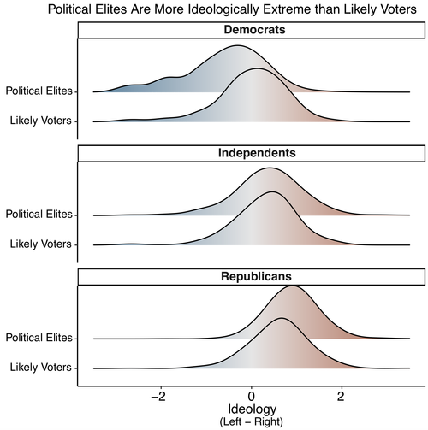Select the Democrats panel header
coord(251,30)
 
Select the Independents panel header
coord(251,154)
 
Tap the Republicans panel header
coord(251,277)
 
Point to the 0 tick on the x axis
coord(251,398)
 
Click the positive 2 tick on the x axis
coord(341,398)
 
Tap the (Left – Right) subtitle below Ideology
coord(251,422)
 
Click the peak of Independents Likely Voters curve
coord(272,192)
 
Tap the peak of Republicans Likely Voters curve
coord(282,319)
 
